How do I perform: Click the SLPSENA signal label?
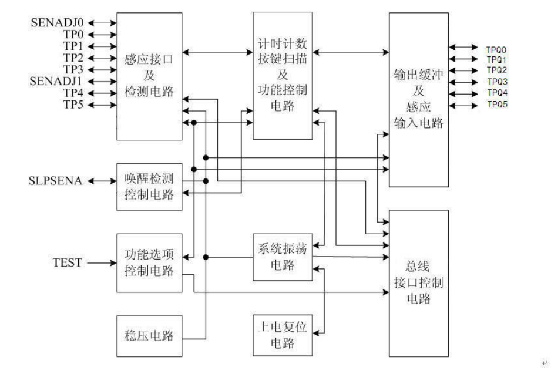56,181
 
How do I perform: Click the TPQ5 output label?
497,105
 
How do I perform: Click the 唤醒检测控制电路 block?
148,186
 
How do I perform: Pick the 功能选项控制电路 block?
148,262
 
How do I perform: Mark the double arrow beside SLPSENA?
102,181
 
